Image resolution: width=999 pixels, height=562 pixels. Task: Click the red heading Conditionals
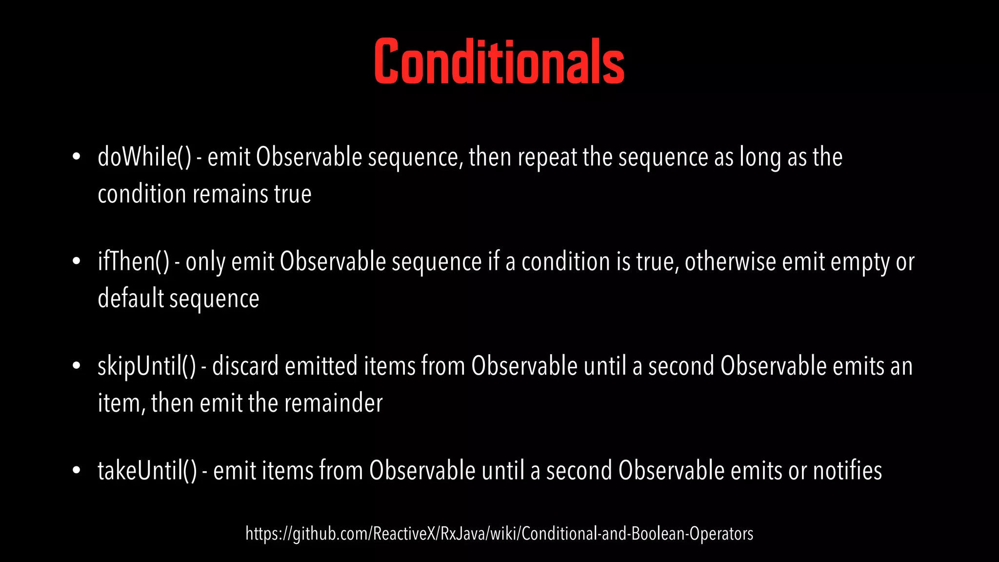(x=499, y=61)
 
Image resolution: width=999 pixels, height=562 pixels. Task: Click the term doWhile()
(x=144, y=157)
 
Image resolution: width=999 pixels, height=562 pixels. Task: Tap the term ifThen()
(x=133, y=261)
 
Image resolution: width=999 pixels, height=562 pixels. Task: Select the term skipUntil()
(x=146, y=366)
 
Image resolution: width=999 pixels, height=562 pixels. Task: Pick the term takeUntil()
(x=147, y=471)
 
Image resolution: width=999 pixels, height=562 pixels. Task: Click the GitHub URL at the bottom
(x=499, y=534)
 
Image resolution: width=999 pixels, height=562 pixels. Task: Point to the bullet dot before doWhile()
(x=76, y=158)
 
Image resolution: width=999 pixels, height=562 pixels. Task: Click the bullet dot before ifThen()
(x=76, y=262)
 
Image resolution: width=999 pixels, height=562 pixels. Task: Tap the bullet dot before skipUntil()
(x=76, y=366)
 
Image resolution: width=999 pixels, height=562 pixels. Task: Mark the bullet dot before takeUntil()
(x=76, y=471)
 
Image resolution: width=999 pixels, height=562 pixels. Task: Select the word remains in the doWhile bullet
(x=230, y=194)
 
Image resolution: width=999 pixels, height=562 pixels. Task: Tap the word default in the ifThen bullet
(x=130, y=298)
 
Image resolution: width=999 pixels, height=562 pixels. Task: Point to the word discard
(x=245, y=366)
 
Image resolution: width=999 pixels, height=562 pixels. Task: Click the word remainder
(x=333, y=403)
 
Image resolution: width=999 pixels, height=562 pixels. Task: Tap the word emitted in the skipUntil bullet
(x=321, y=366)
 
